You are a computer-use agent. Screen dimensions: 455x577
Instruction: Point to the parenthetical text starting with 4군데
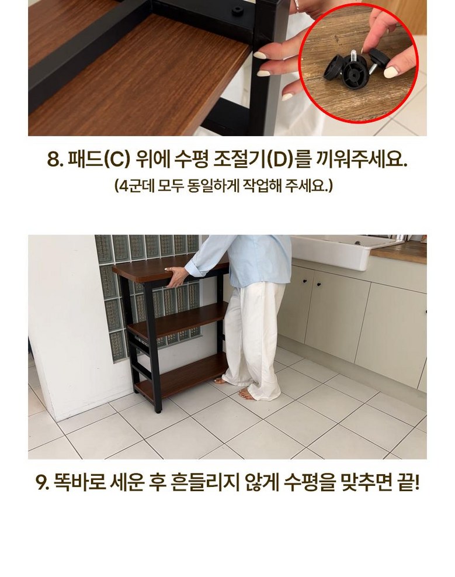point(224,185)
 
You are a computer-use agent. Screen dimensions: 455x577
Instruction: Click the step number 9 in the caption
point(43,482)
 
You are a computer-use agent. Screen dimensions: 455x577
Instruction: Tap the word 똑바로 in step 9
point(80,482)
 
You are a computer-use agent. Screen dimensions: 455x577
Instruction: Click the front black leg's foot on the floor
point(158,409)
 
